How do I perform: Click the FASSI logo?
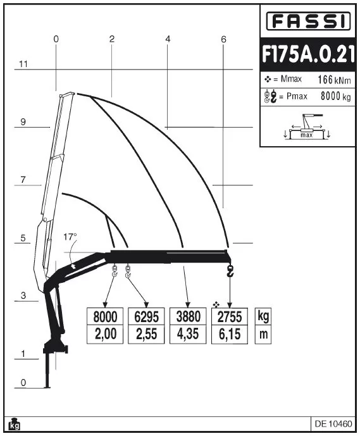click(x=308, y=21)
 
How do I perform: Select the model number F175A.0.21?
click(x=308, y=55)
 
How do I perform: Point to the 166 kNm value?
click(x=334, y=80)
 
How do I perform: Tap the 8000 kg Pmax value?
click(x=335, y=96)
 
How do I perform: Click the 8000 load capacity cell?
click(x=105, y=316)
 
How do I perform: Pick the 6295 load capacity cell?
click(x=146, y=316)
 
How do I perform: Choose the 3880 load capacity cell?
click(x=188, y=316)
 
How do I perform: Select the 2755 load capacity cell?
click(x=230, y=316)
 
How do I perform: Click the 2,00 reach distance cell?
click(x=105, y=334)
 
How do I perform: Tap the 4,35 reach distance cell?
click(x=188, y=334)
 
